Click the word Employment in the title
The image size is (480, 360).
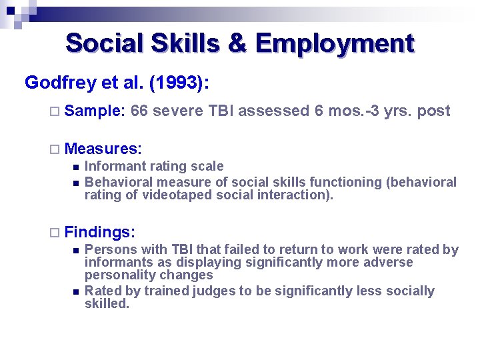[x=335, y=43]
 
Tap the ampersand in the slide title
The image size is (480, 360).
[x=237, y=43]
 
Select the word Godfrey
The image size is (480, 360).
[x=61, y=83]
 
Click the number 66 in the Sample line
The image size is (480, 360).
[x=140, y=111]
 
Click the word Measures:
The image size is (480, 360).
[x=107, y=147]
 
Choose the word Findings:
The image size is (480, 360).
[x=101, y=232]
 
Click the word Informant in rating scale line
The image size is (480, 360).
[x=114, y=166]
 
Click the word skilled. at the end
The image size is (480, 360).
[x=107, y=303]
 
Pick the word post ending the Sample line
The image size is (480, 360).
[x=433, y=111]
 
